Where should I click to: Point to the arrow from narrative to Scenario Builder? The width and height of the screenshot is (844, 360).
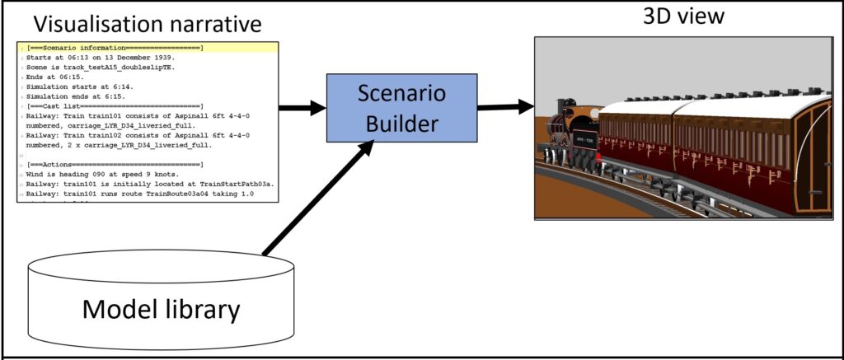point(302,107)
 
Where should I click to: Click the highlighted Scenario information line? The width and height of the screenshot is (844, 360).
point(115,49)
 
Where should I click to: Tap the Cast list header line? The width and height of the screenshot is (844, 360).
point(115,106)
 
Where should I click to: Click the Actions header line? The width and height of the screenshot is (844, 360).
point(115,165)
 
